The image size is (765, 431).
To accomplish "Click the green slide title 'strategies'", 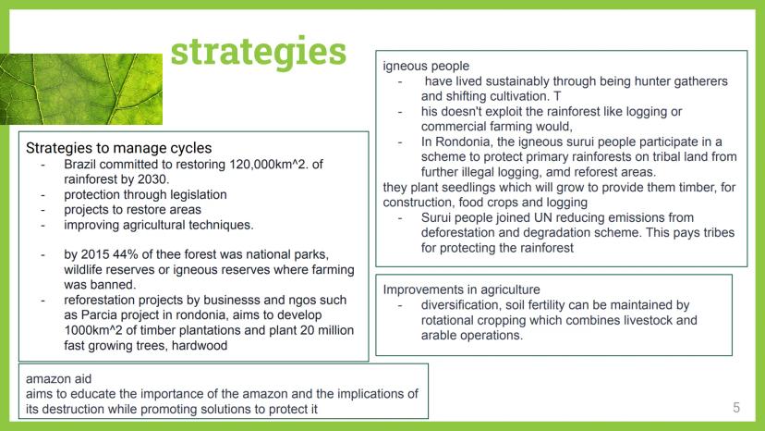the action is [258, 53].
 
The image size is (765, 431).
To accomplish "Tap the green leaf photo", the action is [81, 89].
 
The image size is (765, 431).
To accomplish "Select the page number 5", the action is [736, 408].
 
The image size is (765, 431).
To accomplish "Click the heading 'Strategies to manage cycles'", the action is [118, 148].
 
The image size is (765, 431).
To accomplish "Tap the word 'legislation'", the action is [198, 195].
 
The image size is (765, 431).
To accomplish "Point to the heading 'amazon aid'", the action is [58, 378].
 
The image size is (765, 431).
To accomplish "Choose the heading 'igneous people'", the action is [426, 66].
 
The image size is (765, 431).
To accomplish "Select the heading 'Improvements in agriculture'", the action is [462, 289].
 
